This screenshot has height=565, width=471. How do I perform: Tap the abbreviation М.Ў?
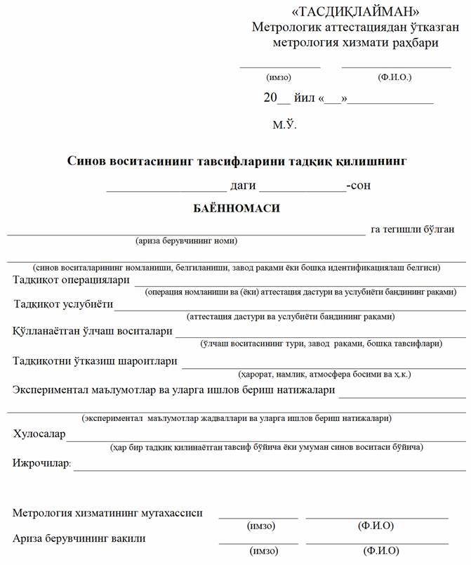tap(284, 125)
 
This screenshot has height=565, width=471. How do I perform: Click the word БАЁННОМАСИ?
tap(237, 209)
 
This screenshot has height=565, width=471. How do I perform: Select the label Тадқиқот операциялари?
tap(72, 280)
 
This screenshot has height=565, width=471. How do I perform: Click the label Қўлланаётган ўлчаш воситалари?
tap(92, 331)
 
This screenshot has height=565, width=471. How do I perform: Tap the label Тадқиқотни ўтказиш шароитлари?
tap(95, 361)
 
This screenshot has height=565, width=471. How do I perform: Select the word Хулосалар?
tap(39, 434)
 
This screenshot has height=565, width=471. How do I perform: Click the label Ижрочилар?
tap(42, 463)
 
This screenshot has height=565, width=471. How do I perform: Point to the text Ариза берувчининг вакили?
tap(79, 538)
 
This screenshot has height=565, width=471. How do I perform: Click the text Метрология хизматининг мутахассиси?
tap(107, 513)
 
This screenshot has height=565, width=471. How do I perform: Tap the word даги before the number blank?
tap(243, 186)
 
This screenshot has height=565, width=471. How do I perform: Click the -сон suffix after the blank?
tap(359, 186)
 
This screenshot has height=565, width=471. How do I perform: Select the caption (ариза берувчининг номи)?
tap(186, 241)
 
